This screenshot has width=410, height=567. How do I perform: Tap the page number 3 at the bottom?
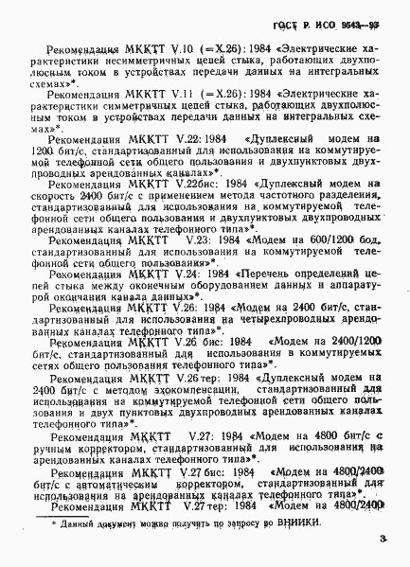(381, 540)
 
